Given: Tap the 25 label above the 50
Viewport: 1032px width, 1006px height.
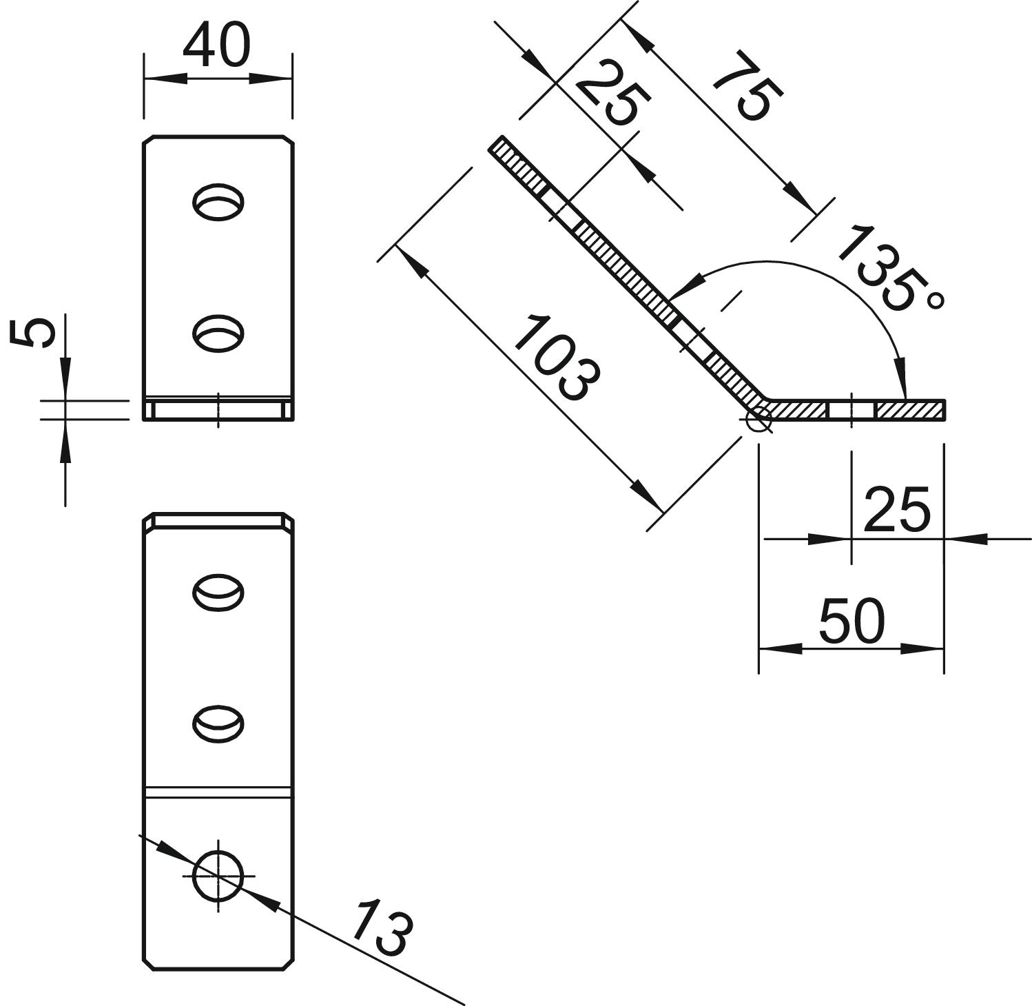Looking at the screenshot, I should pos(896,510).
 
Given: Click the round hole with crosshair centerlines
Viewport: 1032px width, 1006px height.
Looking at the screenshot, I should pos(218,875).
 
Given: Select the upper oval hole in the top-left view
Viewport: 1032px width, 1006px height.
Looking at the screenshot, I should pos(218,202).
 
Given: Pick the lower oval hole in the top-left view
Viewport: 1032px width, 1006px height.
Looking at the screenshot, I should pos(218,333).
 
